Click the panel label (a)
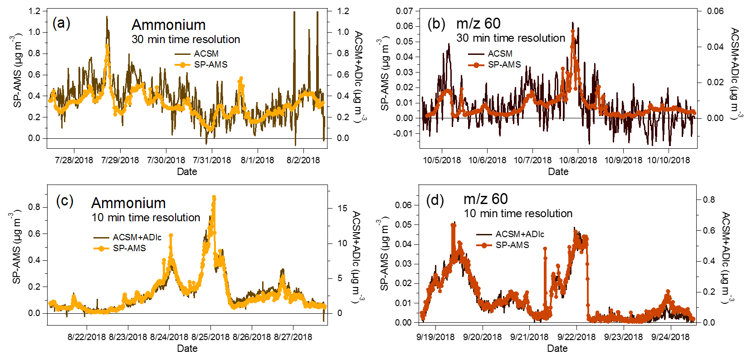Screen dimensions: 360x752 [x=61, y=23]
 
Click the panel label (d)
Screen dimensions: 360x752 [x=435, y=199]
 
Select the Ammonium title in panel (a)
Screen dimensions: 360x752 [x=168, y=24]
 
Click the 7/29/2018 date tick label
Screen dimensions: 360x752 [x=120, y=160]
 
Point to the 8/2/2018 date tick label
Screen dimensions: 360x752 [x=303, y=160]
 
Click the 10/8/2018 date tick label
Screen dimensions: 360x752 [x=578, y=160]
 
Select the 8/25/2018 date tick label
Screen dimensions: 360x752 [x=210, y=337]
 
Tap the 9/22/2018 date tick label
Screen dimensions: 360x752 [x=576, y=337]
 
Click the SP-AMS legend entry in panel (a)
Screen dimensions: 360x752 [x=210, y=65]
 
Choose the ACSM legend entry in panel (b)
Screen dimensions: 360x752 [x=500, y=54]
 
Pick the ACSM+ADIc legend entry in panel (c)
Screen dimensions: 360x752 [x=137, y=237]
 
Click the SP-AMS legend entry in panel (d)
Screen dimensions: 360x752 [x=512, y=245]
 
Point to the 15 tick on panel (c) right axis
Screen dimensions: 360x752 [x=342, y=208]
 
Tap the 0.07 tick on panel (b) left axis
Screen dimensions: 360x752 [x=405, y=11]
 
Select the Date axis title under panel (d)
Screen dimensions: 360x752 [x=557, y=348]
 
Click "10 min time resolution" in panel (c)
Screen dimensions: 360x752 [x=146, y=218]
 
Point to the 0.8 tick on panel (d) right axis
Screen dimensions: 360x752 [x=709, y=199]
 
